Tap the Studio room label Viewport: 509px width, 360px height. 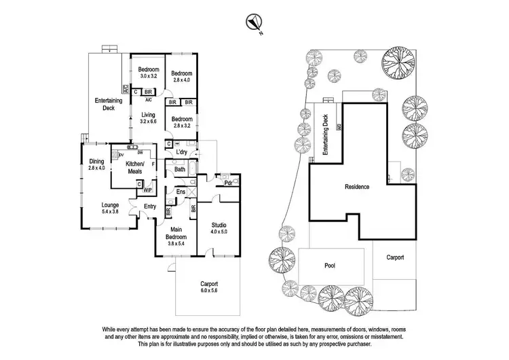tap(218, 228)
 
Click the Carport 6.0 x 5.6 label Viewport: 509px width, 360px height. tap(210, 287)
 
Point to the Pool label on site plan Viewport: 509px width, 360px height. tap(330, 266)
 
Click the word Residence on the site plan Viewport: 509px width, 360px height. tap(358, 186)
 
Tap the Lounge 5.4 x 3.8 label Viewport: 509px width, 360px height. tap(111, 207)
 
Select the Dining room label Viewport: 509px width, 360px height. tap(96, 164)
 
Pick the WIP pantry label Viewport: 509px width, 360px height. tap(147, 190)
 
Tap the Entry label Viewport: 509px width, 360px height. tap(150, 207)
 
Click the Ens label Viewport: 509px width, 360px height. tap(181, 192)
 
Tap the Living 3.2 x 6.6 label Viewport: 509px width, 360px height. tap(148, 118)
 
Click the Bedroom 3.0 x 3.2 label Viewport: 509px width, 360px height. tap(148, 73)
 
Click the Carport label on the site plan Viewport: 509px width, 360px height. tap(395, 257)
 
